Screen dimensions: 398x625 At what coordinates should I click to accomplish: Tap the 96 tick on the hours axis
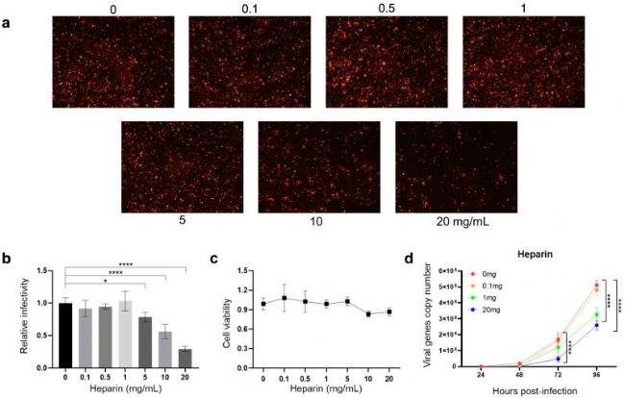point(597,374)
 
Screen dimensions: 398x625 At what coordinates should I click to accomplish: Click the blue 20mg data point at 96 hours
point(597,325)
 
